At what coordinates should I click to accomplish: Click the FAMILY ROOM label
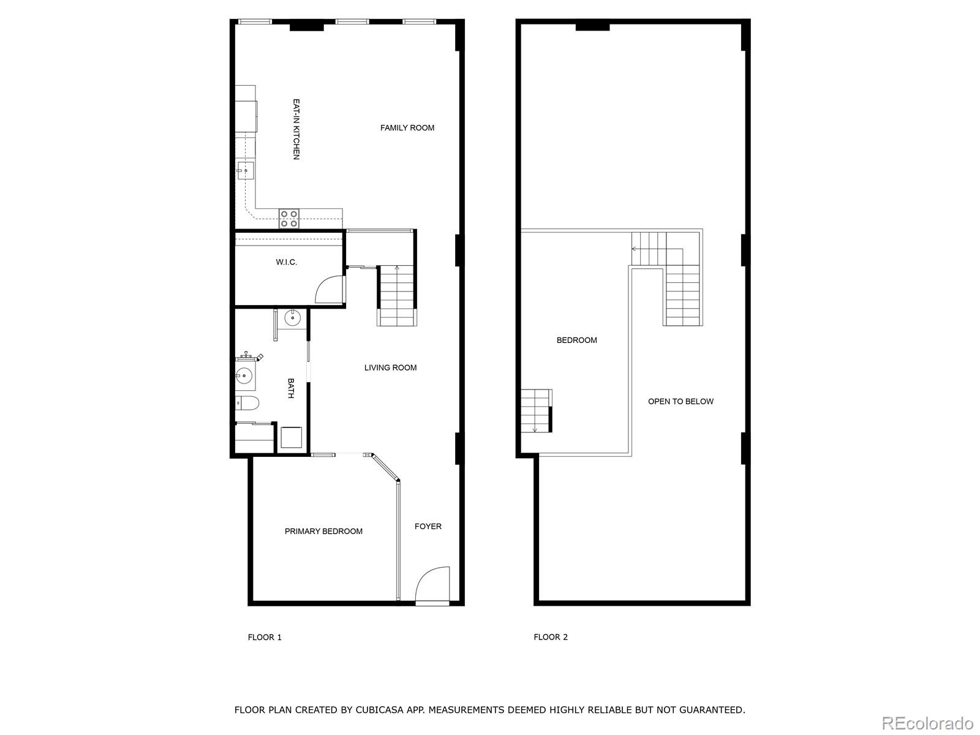[407, 128]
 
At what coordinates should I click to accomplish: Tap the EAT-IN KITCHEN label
[296, 129]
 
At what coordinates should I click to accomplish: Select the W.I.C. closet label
[286, 262]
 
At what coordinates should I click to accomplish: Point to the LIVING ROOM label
[390, 367]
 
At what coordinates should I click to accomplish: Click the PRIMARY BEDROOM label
[323, 531]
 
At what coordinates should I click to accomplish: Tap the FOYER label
[428, 526]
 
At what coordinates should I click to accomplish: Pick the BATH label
[291, 388]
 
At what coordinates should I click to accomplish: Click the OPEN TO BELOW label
[680, 401]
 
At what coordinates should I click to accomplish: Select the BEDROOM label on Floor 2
[576, 340]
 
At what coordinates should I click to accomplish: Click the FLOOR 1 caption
[265, 637]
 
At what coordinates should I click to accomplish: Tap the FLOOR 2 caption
[551, 637]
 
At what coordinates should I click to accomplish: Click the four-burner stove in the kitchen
[290, 218]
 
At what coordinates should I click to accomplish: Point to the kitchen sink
[246, 171]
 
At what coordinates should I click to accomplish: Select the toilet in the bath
[248, 402]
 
